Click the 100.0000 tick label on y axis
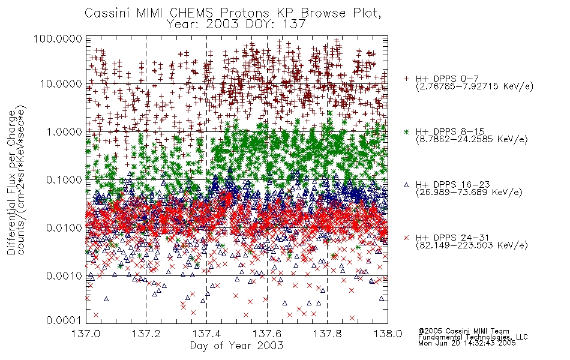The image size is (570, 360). coord(58,38)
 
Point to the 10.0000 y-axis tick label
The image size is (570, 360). coord(61,84)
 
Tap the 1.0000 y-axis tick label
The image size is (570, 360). coord(64,131)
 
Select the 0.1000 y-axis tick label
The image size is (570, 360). coord(64,179)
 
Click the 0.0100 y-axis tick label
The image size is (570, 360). coord(64,228)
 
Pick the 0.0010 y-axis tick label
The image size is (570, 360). coord(64,276)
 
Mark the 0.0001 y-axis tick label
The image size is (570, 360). coord(64,320)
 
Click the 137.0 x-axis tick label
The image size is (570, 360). coord(86,334)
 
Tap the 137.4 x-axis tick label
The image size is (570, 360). coord(206,334)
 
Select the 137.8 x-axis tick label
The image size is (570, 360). coord(327,334)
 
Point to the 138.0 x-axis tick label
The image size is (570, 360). coord(388,334)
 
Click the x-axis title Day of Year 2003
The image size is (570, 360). coord(236,346)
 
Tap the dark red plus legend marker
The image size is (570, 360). coord(406,79)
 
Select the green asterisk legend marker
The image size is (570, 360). coord(406,131)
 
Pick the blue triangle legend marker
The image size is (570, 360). coord(406,185)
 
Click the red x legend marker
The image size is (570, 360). coord(406,238)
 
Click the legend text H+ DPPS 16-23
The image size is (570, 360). coord(452,185)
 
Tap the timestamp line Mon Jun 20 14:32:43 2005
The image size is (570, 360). coord(467,343)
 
